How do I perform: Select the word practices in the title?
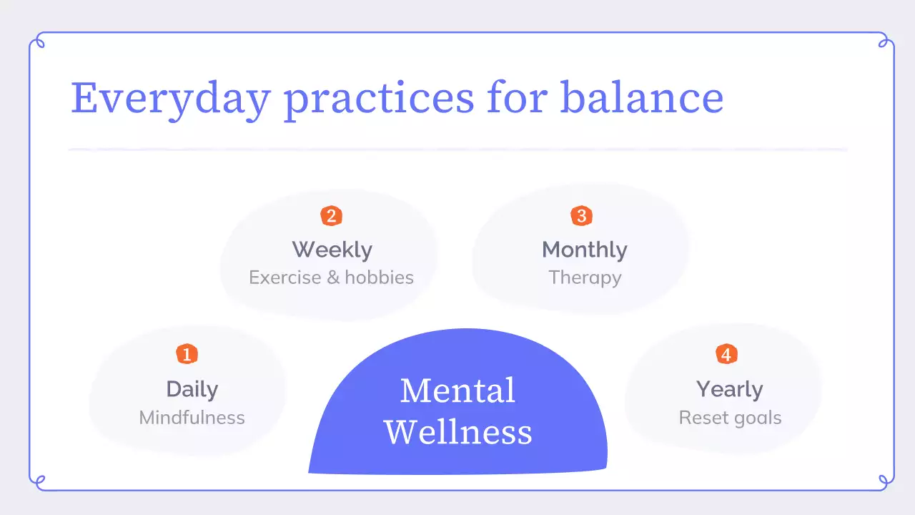pos(379,98)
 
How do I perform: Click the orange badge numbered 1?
pos(187,354)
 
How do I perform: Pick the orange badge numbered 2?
pos(331,215)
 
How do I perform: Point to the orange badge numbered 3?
pos(581,215)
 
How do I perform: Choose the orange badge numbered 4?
pos(726,354)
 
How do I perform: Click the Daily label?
pos(192,389)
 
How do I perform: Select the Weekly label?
pos(332,250)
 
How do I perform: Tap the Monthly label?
pos(584,250)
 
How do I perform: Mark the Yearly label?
pos(729,389)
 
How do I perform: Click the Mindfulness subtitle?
pos(192,418)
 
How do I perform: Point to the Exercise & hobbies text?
pos(331,278)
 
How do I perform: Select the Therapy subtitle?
pos(584,278)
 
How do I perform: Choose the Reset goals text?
pos(730,418)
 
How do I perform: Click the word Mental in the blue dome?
pos(457,391)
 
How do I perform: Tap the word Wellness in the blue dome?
pos(457,432)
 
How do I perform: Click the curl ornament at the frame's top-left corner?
pos(39,41)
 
